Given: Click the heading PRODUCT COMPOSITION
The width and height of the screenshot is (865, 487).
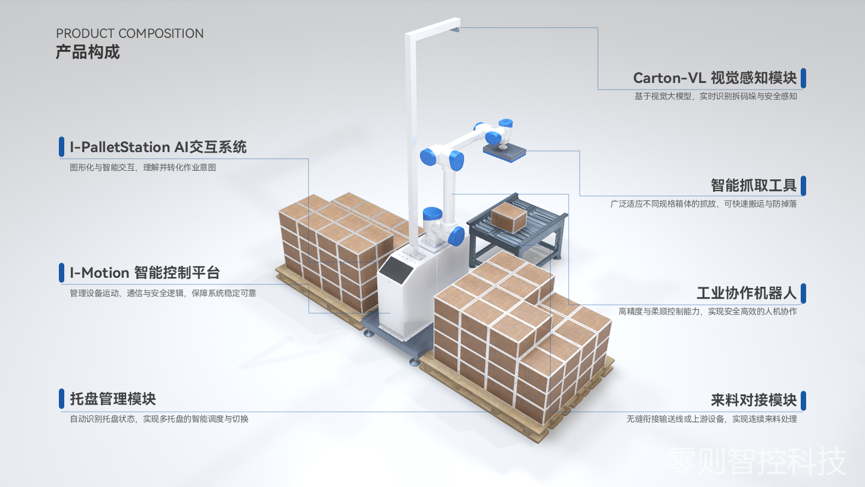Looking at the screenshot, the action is pos(130,34).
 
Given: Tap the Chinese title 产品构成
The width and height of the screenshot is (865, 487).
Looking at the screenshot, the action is pos(88,52).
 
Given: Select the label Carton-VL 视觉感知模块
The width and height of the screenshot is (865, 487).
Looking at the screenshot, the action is pos(715,78).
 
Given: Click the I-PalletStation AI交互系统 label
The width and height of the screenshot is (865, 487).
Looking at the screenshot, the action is pos(158,147).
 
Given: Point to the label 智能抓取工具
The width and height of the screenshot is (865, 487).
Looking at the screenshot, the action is pos(753,186).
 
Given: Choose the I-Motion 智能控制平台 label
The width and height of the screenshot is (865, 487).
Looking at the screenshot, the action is pos(145,273).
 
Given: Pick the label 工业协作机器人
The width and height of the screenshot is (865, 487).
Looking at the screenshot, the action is pos(747,293).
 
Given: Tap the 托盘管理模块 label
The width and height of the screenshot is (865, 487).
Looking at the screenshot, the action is pos(113,399).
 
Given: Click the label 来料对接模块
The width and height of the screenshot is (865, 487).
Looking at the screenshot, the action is pos(753,400).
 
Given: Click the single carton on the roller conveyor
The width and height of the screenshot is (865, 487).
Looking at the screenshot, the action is pos(509,218).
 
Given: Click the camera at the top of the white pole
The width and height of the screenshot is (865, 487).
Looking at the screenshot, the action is pos(455,29).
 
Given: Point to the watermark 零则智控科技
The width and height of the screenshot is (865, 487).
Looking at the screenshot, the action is pos(756,461).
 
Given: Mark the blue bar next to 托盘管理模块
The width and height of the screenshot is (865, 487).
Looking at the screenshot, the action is pos(61,399).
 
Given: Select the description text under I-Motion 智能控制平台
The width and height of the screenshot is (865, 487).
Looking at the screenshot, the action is pos(163,293).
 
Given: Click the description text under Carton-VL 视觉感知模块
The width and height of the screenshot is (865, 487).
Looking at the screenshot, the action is pos(715,96).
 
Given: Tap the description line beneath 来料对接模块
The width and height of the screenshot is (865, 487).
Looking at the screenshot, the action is pos(712,419).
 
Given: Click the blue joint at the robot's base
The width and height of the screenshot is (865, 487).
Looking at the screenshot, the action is pos(456,236).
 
